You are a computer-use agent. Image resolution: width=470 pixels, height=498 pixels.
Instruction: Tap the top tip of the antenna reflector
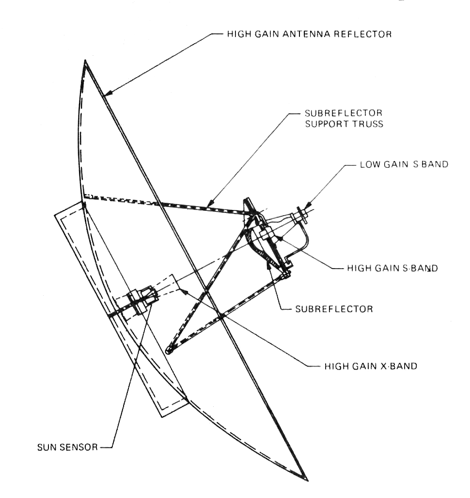85,61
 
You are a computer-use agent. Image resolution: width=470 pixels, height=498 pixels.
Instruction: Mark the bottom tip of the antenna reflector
307,480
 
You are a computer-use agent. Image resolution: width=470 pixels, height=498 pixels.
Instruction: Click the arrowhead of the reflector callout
108,93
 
